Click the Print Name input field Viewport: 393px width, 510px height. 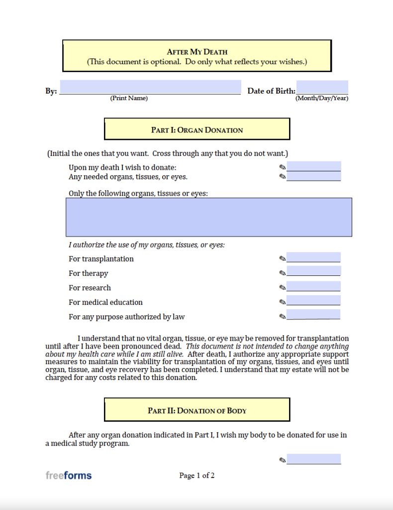pos(150,87)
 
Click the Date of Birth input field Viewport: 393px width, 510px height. pos(322,87)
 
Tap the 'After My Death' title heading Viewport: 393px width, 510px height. pos(197,52)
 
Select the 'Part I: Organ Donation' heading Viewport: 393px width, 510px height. pos(197,130)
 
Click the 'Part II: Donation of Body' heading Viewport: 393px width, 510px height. pos(197,411)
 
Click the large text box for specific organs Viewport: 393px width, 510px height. pos(209,217)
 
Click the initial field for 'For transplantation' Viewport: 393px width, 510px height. pos(313,257)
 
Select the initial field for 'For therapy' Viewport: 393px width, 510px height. pos(313,271)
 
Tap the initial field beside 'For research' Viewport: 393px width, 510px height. pos(313,286)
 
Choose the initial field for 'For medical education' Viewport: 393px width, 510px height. pos(313,300)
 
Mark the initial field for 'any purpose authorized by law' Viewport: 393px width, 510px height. pos(313,315)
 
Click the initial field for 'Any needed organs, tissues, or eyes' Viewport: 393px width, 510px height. pos(313,176)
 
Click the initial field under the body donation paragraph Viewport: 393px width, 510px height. pos(313,459)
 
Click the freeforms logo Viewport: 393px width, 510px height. pos(69,476)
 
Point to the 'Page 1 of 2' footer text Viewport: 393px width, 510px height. pos(197,476)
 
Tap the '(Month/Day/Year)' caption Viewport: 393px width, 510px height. pos(322,99)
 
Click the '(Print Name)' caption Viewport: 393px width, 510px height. pos(129,99)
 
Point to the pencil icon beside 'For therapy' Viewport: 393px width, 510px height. pos(283,273)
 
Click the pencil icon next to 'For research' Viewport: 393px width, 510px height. pos(283,287)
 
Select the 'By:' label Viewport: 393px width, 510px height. pos(51,91)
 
